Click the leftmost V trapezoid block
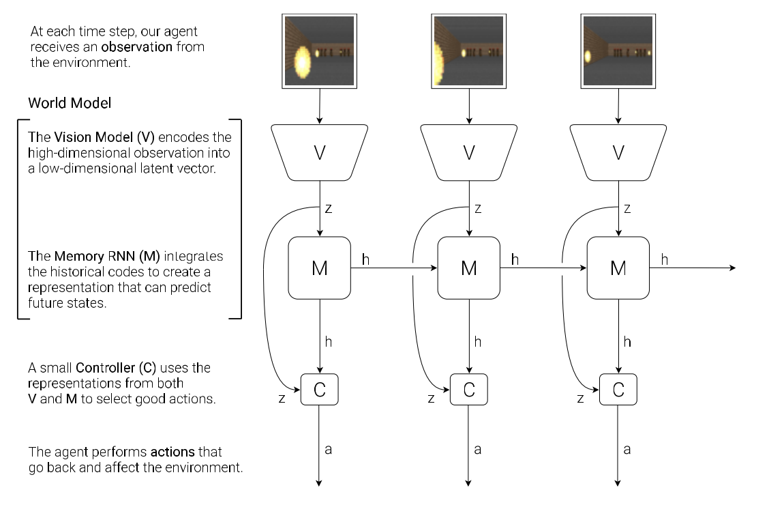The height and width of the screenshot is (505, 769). tap(319, 152)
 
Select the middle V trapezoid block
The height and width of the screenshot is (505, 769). tap(469, 152)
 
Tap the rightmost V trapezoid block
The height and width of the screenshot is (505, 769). tap(618, 152)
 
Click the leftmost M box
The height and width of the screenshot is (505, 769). tap(319, 268)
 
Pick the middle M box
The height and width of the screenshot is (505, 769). tap(469, 268)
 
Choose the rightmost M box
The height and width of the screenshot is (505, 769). tap(618, 268)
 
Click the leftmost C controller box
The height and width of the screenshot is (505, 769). tap(319, 390)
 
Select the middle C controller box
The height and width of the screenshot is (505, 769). tap(469, 390)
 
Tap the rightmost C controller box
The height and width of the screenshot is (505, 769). tap(618, 390)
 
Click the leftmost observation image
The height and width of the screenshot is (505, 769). tap(319, 52)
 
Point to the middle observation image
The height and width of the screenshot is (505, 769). tap(469, 52)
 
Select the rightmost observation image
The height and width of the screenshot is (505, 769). tap(618, 52)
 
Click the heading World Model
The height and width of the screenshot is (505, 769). tap(70, 103)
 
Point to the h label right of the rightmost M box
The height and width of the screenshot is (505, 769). tap(665, 259)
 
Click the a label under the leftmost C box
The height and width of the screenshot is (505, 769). tap(328, 449)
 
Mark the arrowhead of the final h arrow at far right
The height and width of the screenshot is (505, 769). tap(733, 268)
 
